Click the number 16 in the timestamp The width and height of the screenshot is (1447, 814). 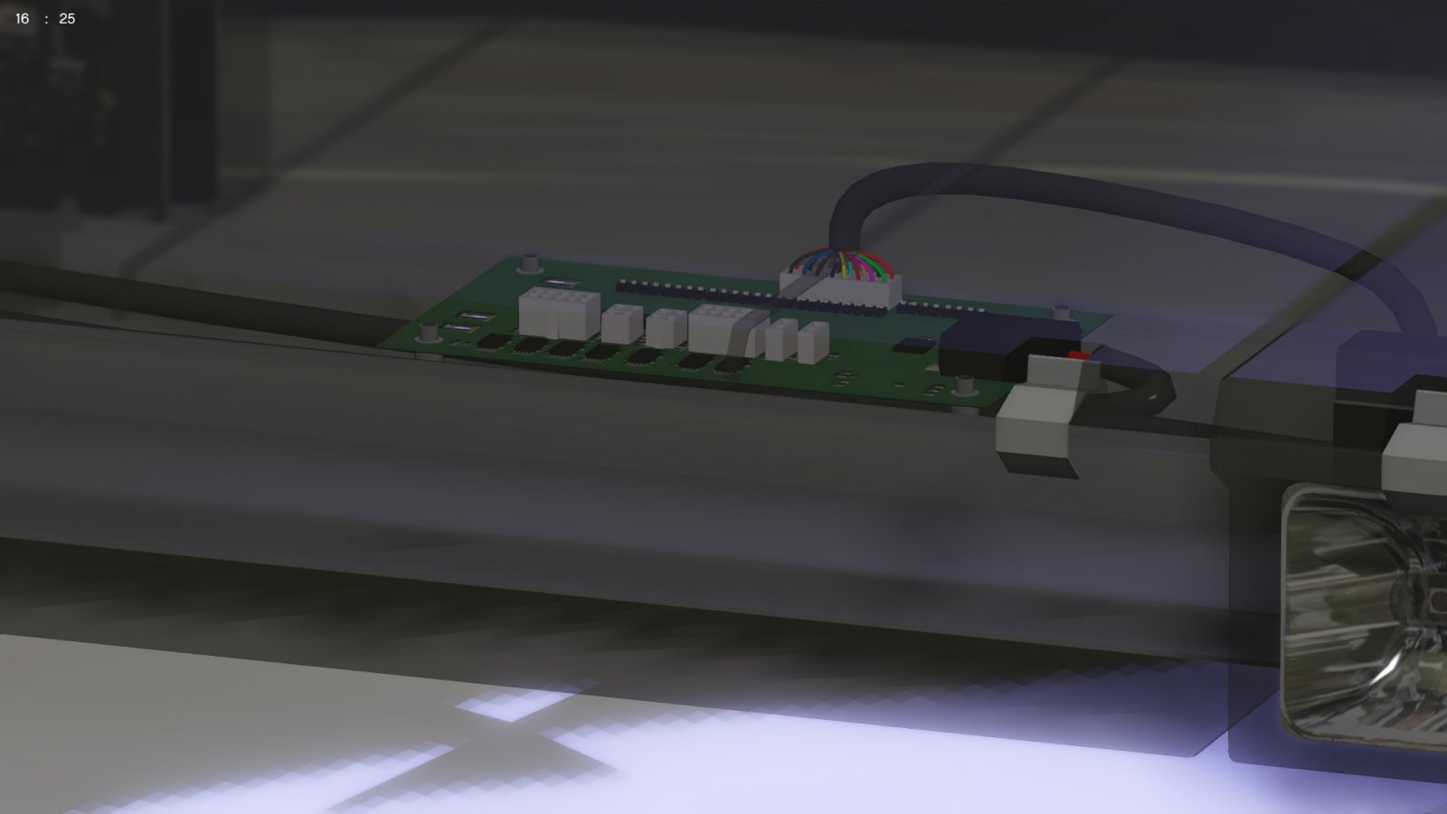(x=22, y=19)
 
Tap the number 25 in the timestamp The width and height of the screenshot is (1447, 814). (x=67, y=19)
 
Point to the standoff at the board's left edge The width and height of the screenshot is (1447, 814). (x=428, y=333)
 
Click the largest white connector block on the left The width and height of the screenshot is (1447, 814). (x=560, y=313)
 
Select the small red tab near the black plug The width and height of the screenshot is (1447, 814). (x=1076, y=355)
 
